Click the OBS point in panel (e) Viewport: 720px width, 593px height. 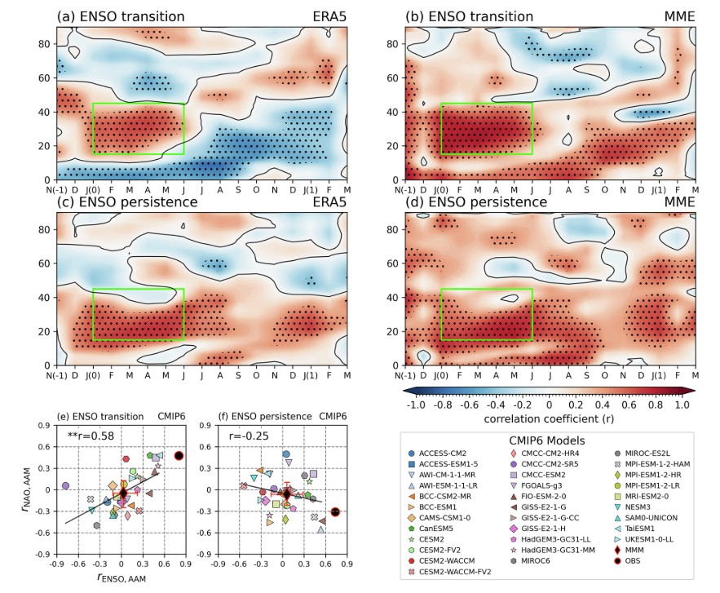click(x=179, y=456)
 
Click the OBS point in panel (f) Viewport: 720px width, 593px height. click(x=335, y=512)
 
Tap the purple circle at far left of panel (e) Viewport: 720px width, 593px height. click(x=65, y=486)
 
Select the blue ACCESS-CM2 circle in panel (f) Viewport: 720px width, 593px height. click(x=286, y=454)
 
